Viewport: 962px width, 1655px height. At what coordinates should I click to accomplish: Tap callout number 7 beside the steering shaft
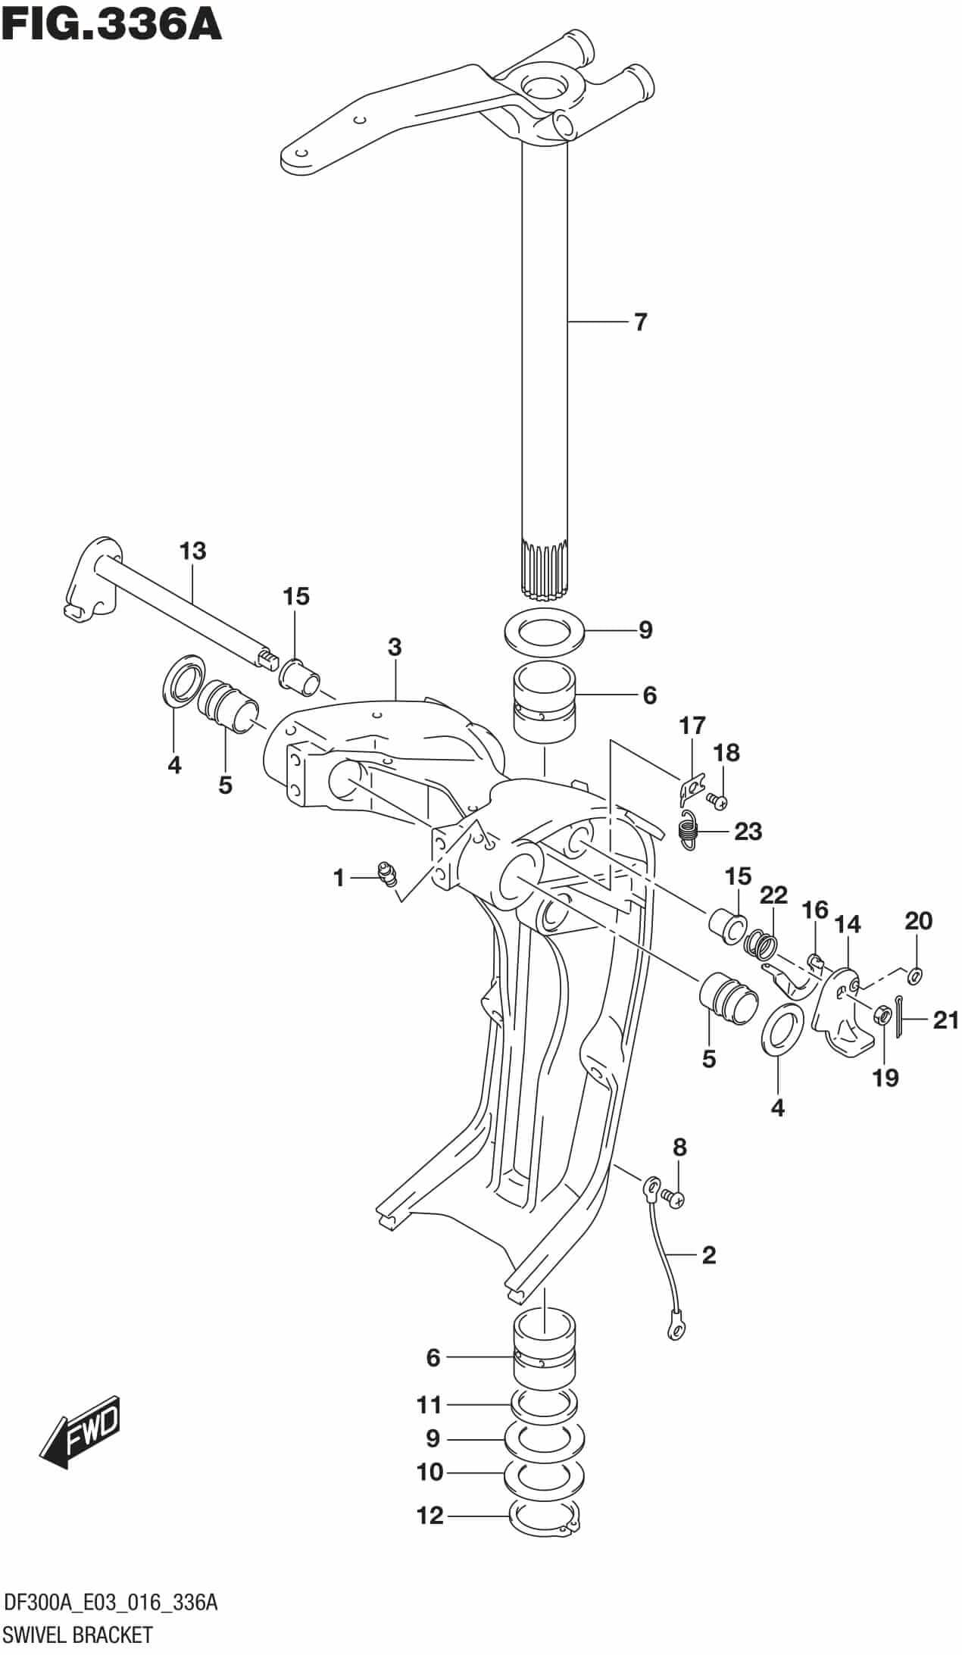pyautogui.click(x=640, y=323)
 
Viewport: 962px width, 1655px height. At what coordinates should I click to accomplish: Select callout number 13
pyautogui.click(x=193, y=551)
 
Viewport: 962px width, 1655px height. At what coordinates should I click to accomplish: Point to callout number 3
pyautogui.click(x=394, y=648)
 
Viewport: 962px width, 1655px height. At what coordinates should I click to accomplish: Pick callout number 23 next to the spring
pyautogui.click(x=748, y=832)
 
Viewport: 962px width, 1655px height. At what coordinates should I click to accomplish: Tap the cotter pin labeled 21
pyautogui.click(x=899, y=1020)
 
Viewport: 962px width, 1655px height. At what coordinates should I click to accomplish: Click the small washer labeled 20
pyautogui.click(x=915, y=974)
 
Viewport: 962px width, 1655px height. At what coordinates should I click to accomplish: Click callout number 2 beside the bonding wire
pyautogui.click(x=708, y=1255)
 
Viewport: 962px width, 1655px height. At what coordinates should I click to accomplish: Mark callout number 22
pyautogui.click(x=773, y=895)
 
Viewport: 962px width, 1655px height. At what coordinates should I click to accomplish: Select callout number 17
pyautogui.click(x=692, y=726)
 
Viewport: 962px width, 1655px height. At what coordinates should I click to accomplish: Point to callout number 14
pyautogui.click(x=848, y=924)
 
